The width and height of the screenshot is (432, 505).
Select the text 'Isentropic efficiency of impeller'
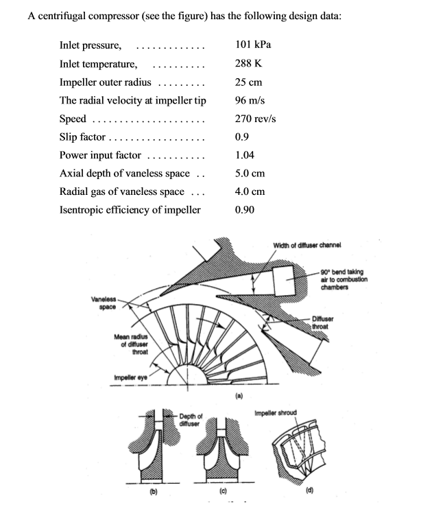pyautogui.click(x=130, y=210)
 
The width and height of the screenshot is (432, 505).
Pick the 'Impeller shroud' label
pyautogui.click(x=276, y=413)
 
